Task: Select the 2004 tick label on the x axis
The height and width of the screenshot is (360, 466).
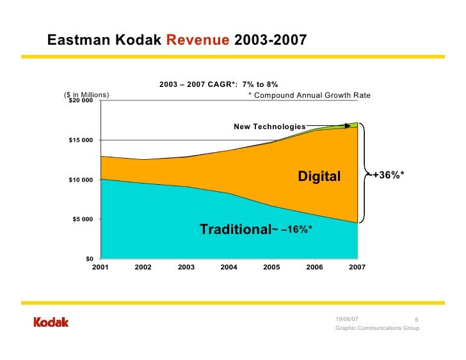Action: pyautogui.click(x=229, y=267)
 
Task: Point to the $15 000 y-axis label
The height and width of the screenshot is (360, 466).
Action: pyautogui.click(x=81, y=141)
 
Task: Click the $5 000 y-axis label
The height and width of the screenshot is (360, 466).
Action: pyautogui.click(x=82, y=219)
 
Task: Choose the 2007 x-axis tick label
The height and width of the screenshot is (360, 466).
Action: pyautogui.click(x=357, y=267)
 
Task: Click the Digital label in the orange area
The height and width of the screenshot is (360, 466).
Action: pyautogui.click(x=319, y=176)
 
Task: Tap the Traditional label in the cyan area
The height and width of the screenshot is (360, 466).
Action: pyautogui.click(x=235, y=230)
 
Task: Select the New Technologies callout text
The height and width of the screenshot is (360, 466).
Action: pyautogui.click(x=269, y=127)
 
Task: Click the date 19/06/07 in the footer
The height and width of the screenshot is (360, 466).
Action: pyautogui.click(x=347, y=319)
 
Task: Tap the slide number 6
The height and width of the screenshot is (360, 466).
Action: pyautogui.click(x=416, y=320)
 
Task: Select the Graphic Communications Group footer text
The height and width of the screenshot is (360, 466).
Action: pyautogui.click(x=377, y=328)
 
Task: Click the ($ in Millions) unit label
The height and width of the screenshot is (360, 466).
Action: pyautogui.click(x=87, y=95)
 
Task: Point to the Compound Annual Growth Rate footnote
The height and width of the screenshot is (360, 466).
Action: pyautogui.click(x=309, y=95)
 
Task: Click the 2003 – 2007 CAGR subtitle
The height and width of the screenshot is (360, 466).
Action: pyautogui.click(x=218, y=84)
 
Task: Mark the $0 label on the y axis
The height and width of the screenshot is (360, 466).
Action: pyautogui.click(x=90, y=258)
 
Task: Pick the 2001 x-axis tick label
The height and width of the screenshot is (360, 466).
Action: pyautogui.click(x=100, y=267)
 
